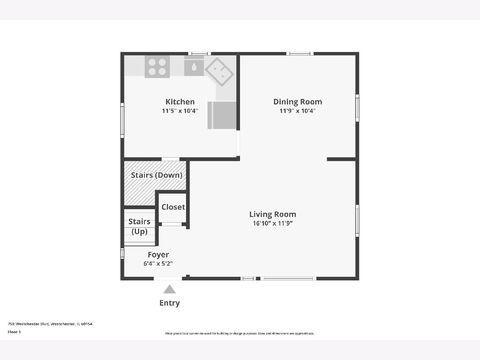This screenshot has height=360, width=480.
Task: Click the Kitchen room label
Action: [x=180, y=102]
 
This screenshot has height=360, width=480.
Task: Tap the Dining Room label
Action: [x=298, y=102]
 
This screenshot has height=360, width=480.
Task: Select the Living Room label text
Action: [x=273, y=214]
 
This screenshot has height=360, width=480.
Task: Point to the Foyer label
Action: [x=158, y=255]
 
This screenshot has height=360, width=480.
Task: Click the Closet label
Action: [x=173, y=207]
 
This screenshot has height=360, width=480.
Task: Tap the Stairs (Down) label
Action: [x=156, y=175]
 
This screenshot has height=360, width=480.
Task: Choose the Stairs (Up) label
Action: [x=139, y=226]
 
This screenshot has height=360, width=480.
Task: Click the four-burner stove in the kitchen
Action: [x=157, y=67]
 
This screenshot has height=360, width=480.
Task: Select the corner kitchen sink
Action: [x=219, y=72]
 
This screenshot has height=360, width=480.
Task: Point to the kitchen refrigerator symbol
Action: [x=222, y=115]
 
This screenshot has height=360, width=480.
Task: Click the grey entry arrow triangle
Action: [x=170, y=289]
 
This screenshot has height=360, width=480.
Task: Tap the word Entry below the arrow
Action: [x=170, y=303]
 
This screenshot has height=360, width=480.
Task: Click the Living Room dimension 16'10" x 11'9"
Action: [x=273, y=223]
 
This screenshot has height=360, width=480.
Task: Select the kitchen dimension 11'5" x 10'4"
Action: [x=180, y=111]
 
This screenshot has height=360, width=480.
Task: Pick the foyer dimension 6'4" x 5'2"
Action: [x=158, y=264]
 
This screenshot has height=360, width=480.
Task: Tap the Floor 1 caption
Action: [x=14, y=332]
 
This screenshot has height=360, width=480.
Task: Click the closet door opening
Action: [x=172, y=224]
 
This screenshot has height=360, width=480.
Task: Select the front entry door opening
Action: [x=168, y=278]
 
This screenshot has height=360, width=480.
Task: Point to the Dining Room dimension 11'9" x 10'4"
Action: [x=298, y=111]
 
